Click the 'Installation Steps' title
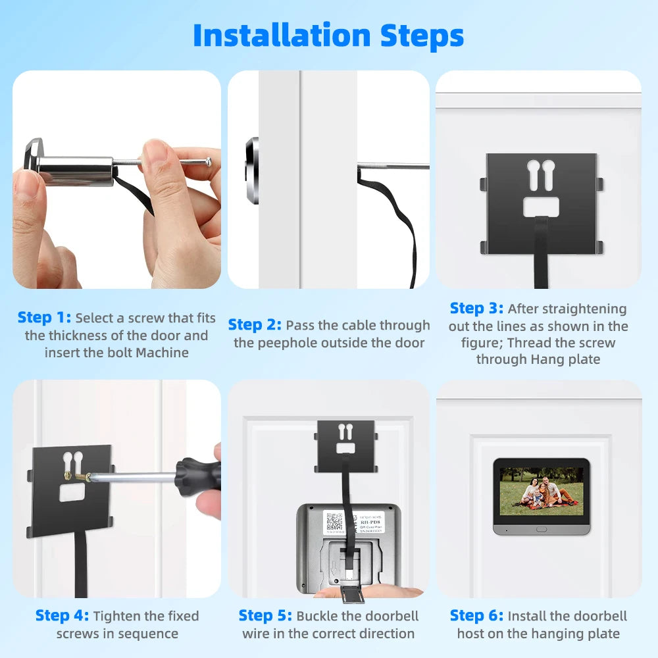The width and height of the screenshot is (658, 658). (328, 36)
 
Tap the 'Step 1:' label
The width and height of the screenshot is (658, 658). (44, 318)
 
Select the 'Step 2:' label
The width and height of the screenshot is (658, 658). (255, 325)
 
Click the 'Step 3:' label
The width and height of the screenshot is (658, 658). (476, 309)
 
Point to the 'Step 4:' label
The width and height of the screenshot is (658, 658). (62, 616)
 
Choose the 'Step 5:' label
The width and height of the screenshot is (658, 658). (265, 616)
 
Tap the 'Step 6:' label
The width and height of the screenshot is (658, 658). (476, 616)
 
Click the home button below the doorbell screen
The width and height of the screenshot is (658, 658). (541, 528)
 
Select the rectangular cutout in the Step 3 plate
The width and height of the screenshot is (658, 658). (541, 207)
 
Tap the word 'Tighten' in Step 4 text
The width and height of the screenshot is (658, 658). (118, 616)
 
